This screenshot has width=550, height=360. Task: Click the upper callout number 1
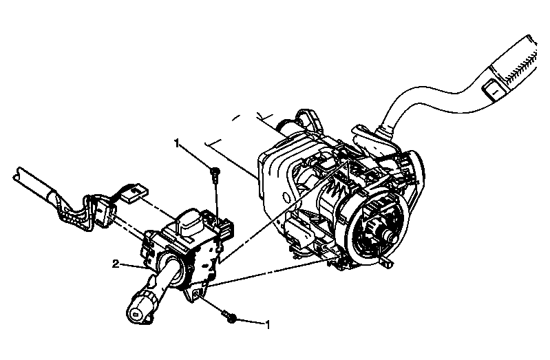click(x=177, y=142)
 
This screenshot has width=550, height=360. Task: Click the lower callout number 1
click(x=268, y=325)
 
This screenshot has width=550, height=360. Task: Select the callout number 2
click(x=116, y=264)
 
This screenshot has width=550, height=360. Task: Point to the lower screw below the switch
click(x=230, y=317)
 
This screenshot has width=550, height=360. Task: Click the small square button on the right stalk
click(x=494, y=91)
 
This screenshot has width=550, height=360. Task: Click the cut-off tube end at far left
click(x=17, y=173)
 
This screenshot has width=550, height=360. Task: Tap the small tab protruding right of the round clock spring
click(x=387, y=262)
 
